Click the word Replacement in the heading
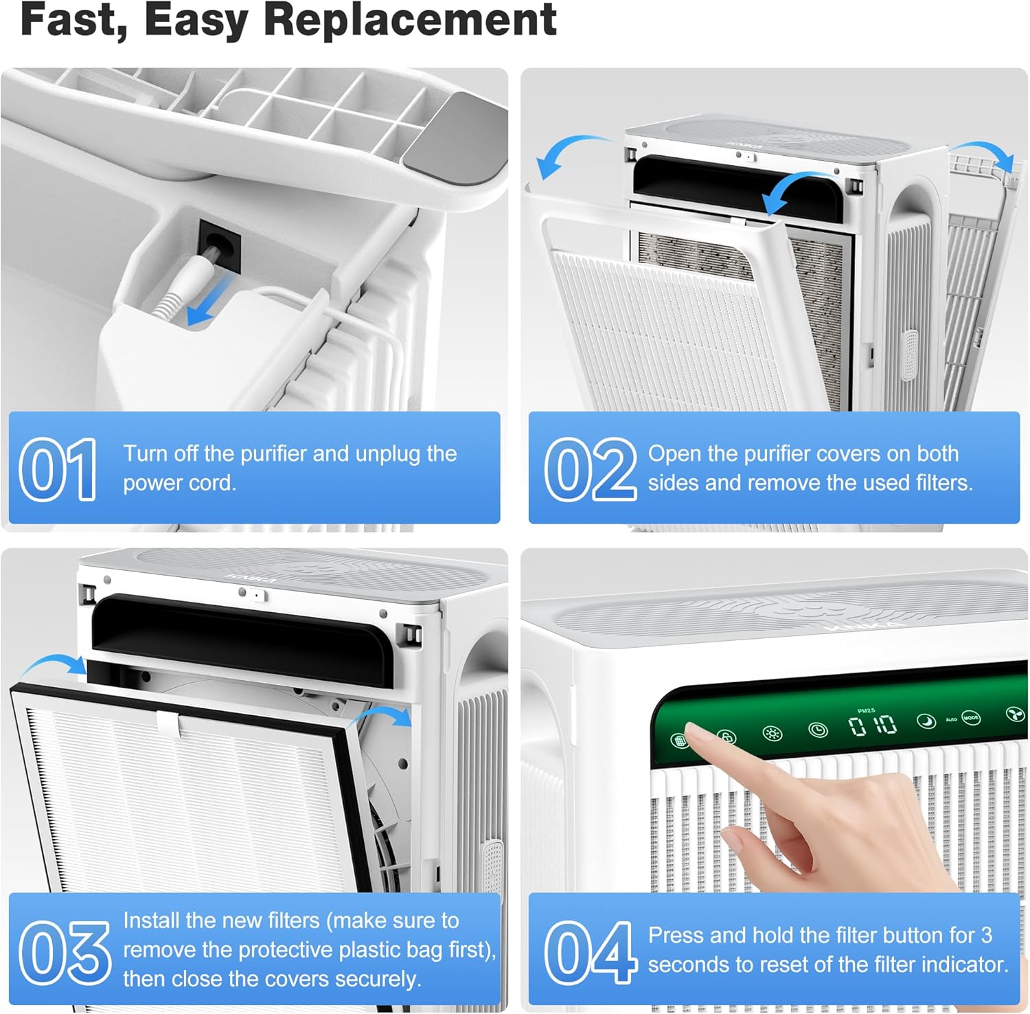(410, 21)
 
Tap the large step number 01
(58, 469)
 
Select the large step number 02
(591, 469)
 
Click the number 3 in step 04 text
(986, 935)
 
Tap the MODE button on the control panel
(970, 718)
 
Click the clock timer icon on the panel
(817, 730)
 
